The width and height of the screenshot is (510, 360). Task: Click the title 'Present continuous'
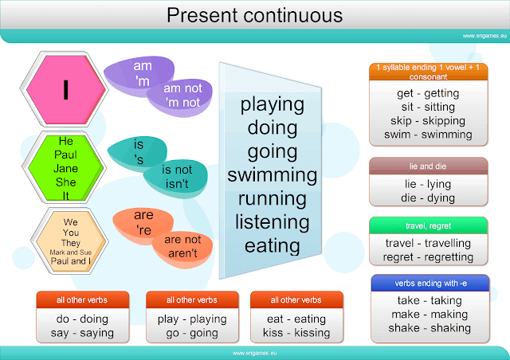click(255, 15)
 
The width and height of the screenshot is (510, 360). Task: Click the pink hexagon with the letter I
click(66, 90)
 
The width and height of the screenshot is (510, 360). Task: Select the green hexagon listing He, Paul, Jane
click(66, 168)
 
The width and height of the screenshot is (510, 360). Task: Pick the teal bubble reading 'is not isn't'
click(175, 176)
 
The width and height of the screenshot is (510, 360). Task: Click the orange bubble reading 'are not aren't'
click(181, 245)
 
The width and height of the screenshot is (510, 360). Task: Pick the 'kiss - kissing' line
click(296, 332)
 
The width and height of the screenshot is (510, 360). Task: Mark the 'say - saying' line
click(83, 332)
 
